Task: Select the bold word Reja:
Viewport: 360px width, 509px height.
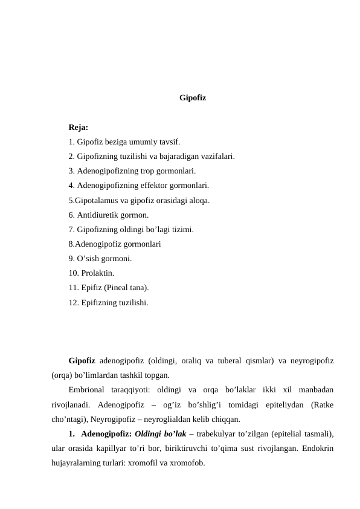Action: (79, 128)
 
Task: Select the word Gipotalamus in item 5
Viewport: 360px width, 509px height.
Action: (97, 200)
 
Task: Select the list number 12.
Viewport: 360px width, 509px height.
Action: (73, 302)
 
